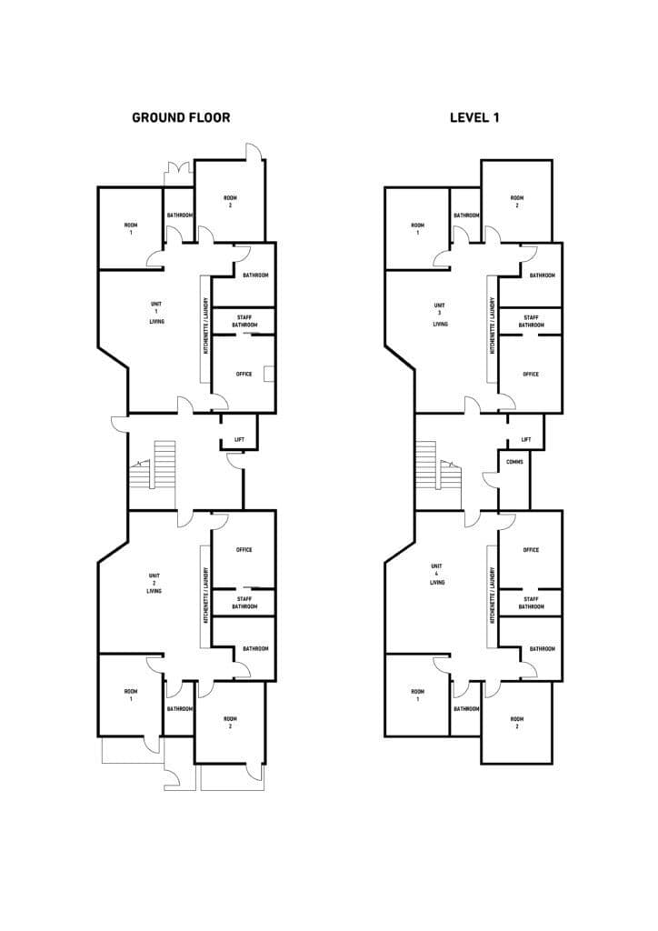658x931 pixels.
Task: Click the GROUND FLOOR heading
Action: click(181, 117)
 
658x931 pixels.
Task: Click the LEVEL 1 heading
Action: click(474, 117)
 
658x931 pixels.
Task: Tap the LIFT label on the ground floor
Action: click(239, 440)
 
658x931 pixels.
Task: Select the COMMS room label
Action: click(514, 461)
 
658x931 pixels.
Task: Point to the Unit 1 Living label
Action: click(156, 313)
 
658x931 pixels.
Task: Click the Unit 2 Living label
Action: click(155, 583)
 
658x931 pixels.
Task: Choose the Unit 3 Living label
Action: click(440, 315)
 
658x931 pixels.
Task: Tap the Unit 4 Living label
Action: click(437, 575)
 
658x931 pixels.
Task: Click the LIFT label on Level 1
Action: click(526, 440)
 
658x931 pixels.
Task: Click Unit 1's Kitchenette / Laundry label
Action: click(206, 325)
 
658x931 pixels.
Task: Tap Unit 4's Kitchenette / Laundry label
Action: click(493, 595)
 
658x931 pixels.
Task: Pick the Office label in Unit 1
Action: click(244, 374)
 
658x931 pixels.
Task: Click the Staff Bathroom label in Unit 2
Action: click(244, 603)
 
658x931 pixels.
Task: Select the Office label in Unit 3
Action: click(531, 374)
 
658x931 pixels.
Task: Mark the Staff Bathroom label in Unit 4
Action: click(532, 603)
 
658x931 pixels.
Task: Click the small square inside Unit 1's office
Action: click(269, 373)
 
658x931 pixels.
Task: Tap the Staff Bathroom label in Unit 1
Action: click(244, 321)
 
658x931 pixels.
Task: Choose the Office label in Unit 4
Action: click(531, 550)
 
